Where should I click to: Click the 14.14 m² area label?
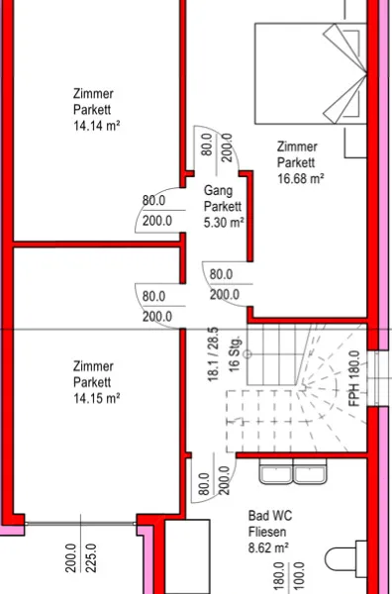pos(97,126)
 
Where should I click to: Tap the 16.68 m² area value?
pos(301,178)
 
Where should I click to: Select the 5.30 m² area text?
pos(224,223)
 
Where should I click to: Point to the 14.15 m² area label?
pos(97,398)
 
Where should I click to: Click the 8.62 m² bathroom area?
pos(268,547)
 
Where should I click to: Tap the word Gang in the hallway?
pos(218,190)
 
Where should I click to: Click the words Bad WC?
pos(270,516)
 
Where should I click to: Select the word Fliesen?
pos(267,532)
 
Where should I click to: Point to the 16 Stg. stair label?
pos(235,353)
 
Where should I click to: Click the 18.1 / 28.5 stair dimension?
pos(213,354)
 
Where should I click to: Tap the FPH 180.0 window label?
pos(354,379)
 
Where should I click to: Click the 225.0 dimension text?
pos(91,558)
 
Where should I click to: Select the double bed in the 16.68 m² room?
pos(311,73)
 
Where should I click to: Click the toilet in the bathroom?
pos(346,559)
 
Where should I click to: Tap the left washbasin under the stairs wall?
pos(276,471)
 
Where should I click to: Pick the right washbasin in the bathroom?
pos(310,471)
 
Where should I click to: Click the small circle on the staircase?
pos(247,354)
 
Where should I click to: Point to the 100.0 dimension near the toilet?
pos(299,576)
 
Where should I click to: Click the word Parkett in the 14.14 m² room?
pos(92,110)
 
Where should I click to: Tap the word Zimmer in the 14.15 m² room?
pos(93,366)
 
